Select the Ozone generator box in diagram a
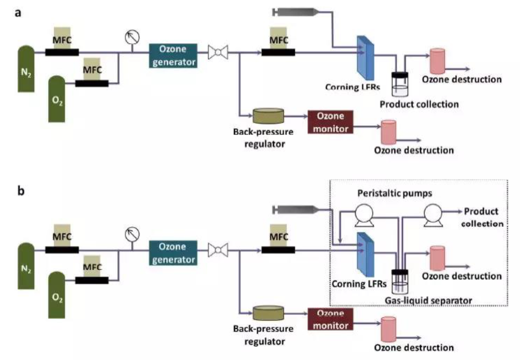click(x=173, y=55)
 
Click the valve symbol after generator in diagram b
click(x=217, y=251)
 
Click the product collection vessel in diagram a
click(x=399, y=85)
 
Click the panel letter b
click(x=21, y=191)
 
